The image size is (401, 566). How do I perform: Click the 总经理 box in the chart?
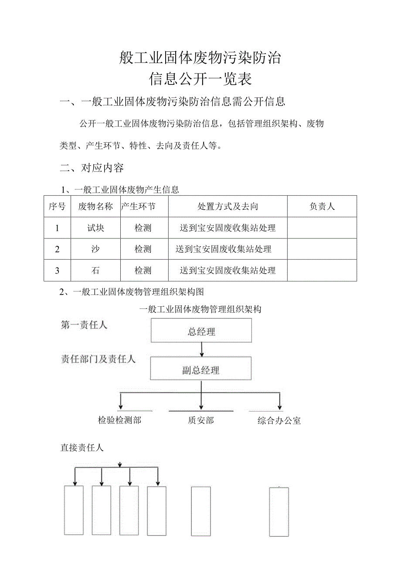click(x=201, y=331)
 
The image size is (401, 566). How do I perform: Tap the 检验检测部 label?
click(x=119, y=420)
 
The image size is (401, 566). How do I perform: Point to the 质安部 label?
click(x=201, y=420)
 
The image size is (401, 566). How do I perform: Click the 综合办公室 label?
click(x=279, y=421)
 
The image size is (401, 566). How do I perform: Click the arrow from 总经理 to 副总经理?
click(x=201, y=349)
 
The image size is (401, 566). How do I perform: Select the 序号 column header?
click(x=57, y=206)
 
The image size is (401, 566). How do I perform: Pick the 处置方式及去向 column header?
click(x=228, y=206)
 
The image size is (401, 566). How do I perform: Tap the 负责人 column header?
click(x=322, y=206)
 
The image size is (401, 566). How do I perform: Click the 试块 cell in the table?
click(x=95, y=228)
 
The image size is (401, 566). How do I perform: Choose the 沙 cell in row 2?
click(x=95, y=249)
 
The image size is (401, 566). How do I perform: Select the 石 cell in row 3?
click(x=95, y=270)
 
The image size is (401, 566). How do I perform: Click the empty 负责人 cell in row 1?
click(x=322, y=228)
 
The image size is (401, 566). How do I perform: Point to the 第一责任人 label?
click(x=84, y=325)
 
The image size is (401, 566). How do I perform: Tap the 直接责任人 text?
click(x=82, y=447)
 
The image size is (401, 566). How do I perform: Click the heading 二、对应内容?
click(x=92, y=168)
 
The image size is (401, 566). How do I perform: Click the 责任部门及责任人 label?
click(x=98, y=359)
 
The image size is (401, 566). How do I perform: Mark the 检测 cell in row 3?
click(x=143, y=270)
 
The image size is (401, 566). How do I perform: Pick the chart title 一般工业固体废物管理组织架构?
click(x=200, y=309)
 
